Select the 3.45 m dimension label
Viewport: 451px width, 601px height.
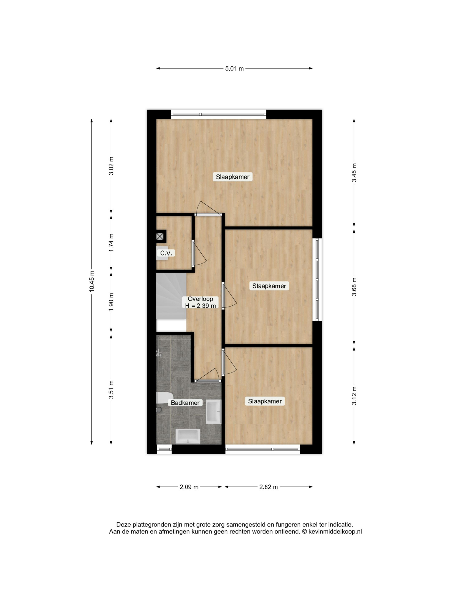(354, 173)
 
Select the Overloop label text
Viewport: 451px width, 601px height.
(200, 299)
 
